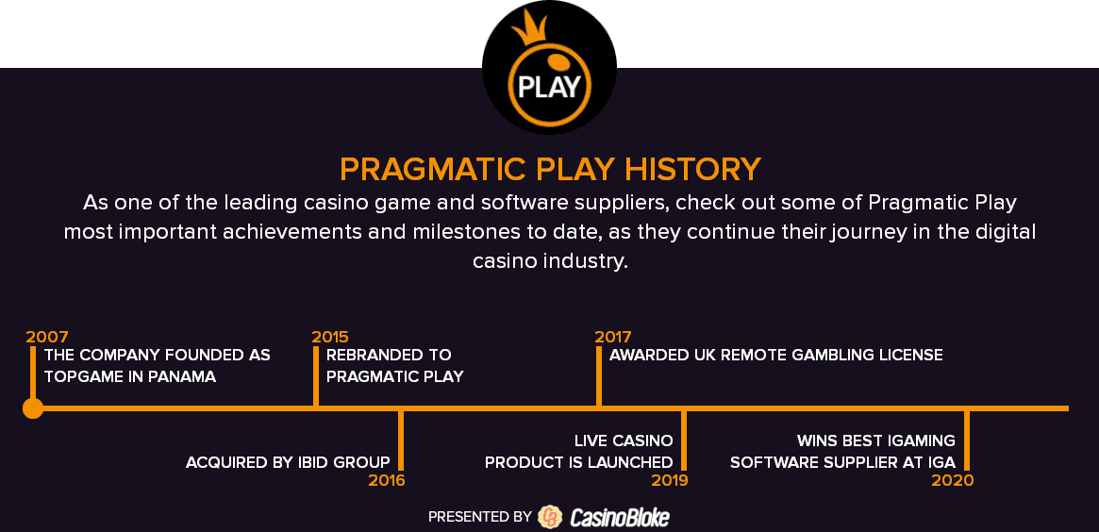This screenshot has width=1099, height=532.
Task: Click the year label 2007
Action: click(x=47, y=337)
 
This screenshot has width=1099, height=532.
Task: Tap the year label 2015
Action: click(x=330, y=337)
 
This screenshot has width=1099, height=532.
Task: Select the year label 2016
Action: click(x=386, y=481)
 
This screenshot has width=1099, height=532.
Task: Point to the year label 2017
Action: click(x=613, y=337)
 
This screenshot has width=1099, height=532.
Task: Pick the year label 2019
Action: click(x=670, y=481)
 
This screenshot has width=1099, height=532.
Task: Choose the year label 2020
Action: click(x=953, y=481)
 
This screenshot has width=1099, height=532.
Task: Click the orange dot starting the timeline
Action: click(x=33, y=407)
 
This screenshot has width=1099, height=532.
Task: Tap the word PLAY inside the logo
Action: click(x=549, y=87)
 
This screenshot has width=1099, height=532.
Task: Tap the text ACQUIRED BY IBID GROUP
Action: click(x=288, y=462)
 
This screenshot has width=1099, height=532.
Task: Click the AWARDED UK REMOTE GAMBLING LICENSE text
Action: click(x=775, y=355)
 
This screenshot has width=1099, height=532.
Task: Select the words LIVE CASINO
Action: click(x=624, y=441)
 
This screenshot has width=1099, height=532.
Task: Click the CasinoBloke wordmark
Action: click(x=620, y=517)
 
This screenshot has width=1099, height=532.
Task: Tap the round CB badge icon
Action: click(x=550, y=517)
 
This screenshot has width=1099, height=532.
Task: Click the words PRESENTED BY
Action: click(x=480, y=517)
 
